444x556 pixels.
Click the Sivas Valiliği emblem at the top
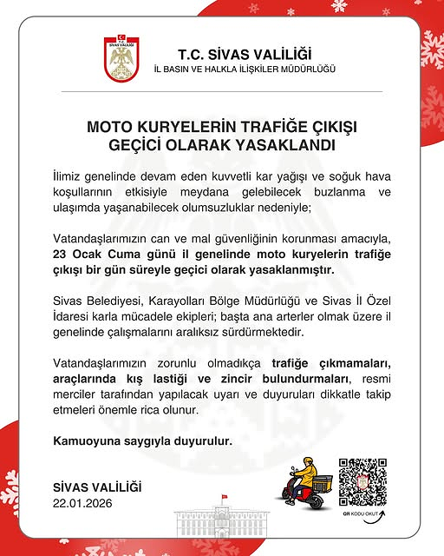121,58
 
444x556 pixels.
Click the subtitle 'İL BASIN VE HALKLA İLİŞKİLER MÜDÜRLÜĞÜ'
244,69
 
